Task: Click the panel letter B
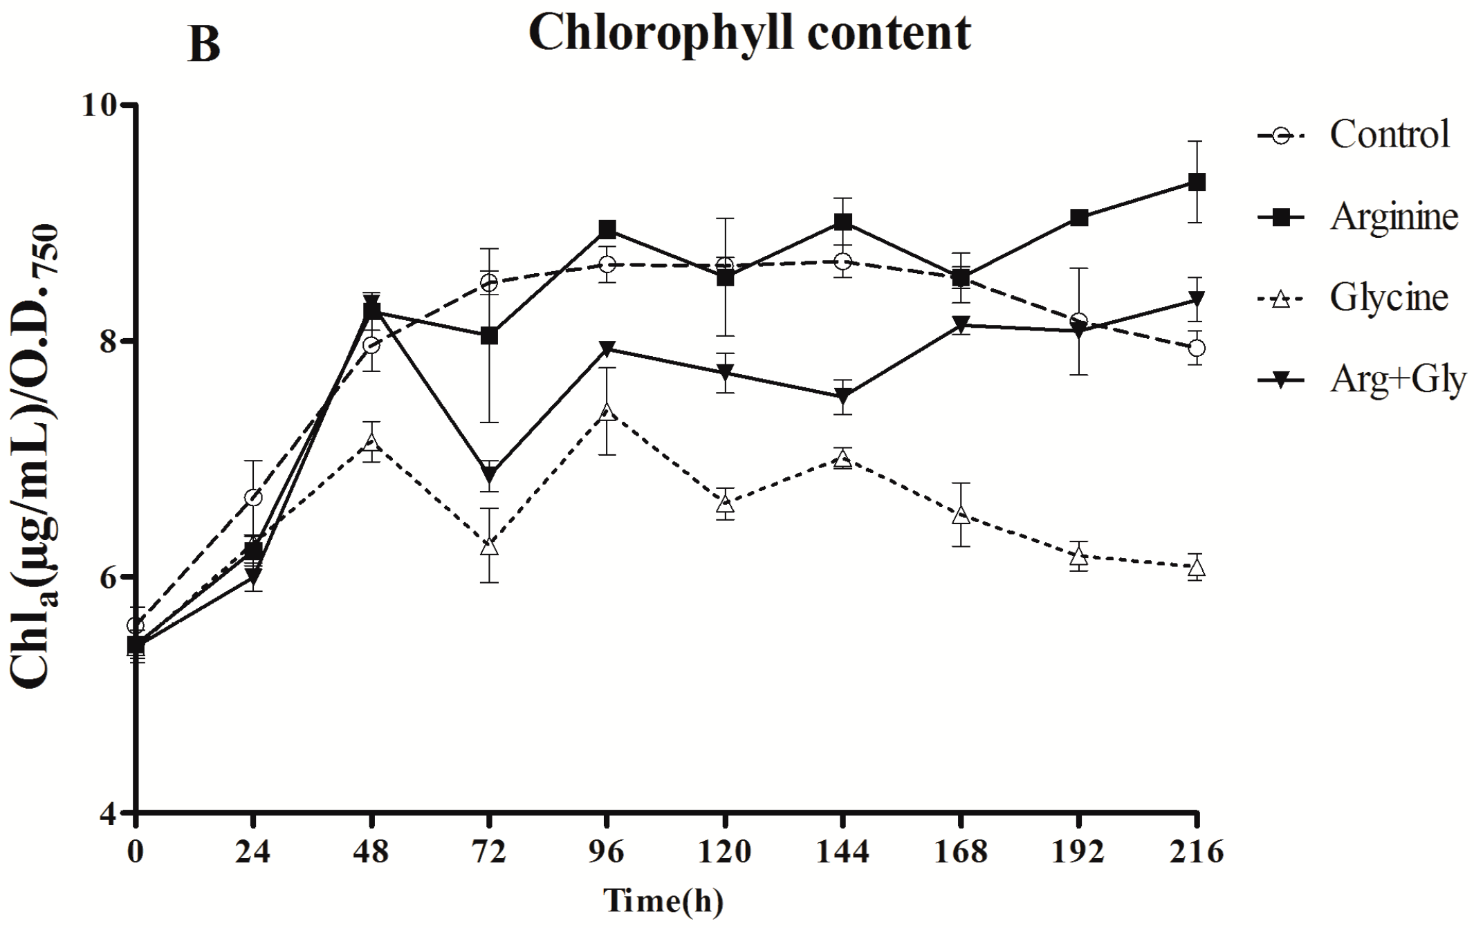click(204, 46)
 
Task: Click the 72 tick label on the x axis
click(489, 852)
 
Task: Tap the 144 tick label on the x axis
click(842, 852)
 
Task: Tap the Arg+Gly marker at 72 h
click(489, 475)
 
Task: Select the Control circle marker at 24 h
click(253, 497)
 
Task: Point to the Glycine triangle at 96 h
click(607, 412)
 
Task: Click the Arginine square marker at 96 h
click(607, 230)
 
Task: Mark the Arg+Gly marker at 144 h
click(842, 396)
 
